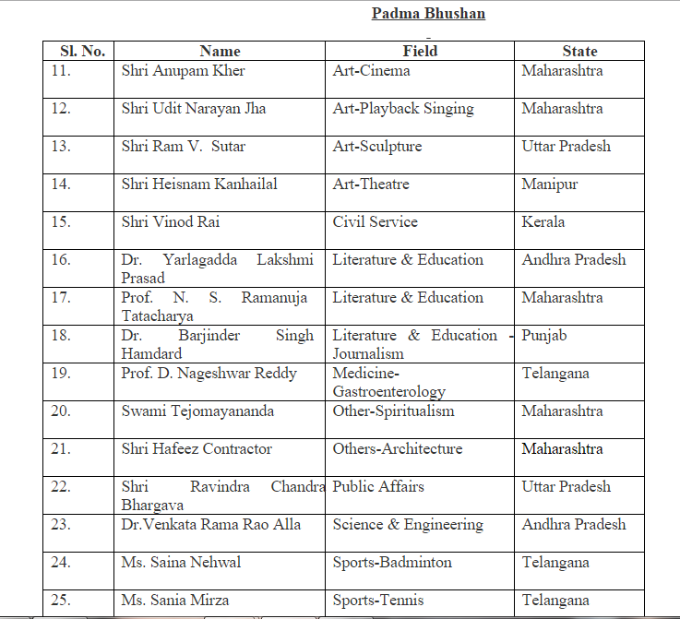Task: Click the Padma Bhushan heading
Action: click(428, 14)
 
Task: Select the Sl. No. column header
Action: click(81, 52)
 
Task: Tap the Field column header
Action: click(420, 52)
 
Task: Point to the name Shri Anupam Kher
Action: click(183, 71)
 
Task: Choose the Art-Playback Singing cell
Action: click(403, 109)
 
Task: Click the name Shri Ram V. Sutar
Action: click(183, 147)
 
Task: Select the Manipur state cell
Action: click(550, 185)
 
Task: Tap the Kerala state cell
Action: click(543, 222)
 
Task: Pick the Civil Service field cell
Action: click(375, 222)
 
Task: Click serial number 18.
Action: click(61, 336)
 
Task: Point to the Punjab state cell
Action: click(544, 336)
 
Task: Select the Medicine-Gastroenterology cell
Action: click(388, 383)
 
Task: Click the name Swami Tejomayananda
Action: click(197, 411)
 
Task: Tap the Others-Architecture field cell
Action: click(398, 449)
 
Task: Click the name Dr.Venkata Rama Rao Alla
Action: click(210, 525)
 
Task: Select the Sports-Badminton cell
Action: click(392, 563)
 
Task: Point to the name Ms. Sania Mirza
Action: click(175, 601)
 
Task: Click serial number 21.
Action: click(61, 449)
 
